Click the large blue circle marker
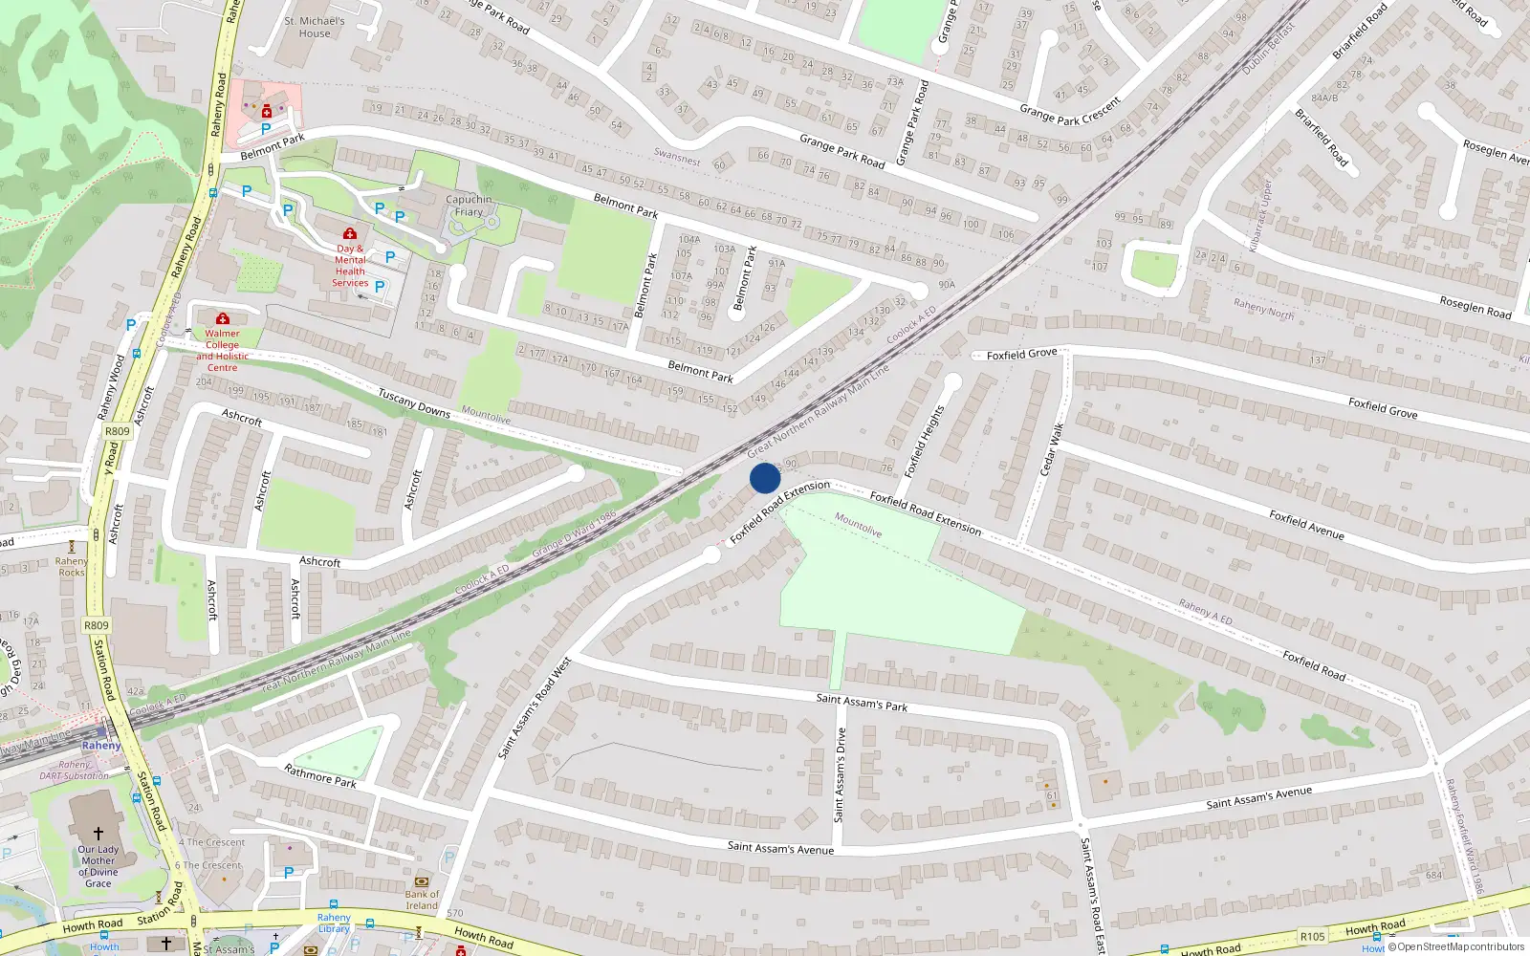[x=765, y=478]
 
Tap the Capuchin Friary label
[x=469, y=206]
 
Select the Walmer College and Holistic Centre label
[x=222, y=351]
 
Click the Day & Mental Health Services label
[x=350, y=266]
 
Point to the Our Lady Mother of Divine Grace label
[x=98, y=866]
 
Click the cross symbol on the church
[x=98, y=835]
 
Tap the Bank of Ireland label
[x=422, y=901]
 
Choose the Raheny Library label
[x=334, y=923]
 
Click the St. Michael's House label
[x=315, y=27]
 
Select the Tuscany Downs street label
[x=413, y=402]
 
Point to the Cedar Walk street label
[x=1051, y=449]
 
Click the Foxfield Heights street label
[x=925, y=442]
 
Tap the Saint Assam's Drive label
[x=840, y=774]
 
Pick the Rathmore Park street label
[x=320, y=775]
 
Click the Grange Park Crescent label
[x=1070, y=111]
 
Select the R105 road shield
[x=1312, y=936]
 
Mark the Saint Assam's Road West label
[x=535, y=707]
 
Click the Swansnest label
[x=677, y=157]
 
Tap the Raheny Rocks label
[x=72, y=567]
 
